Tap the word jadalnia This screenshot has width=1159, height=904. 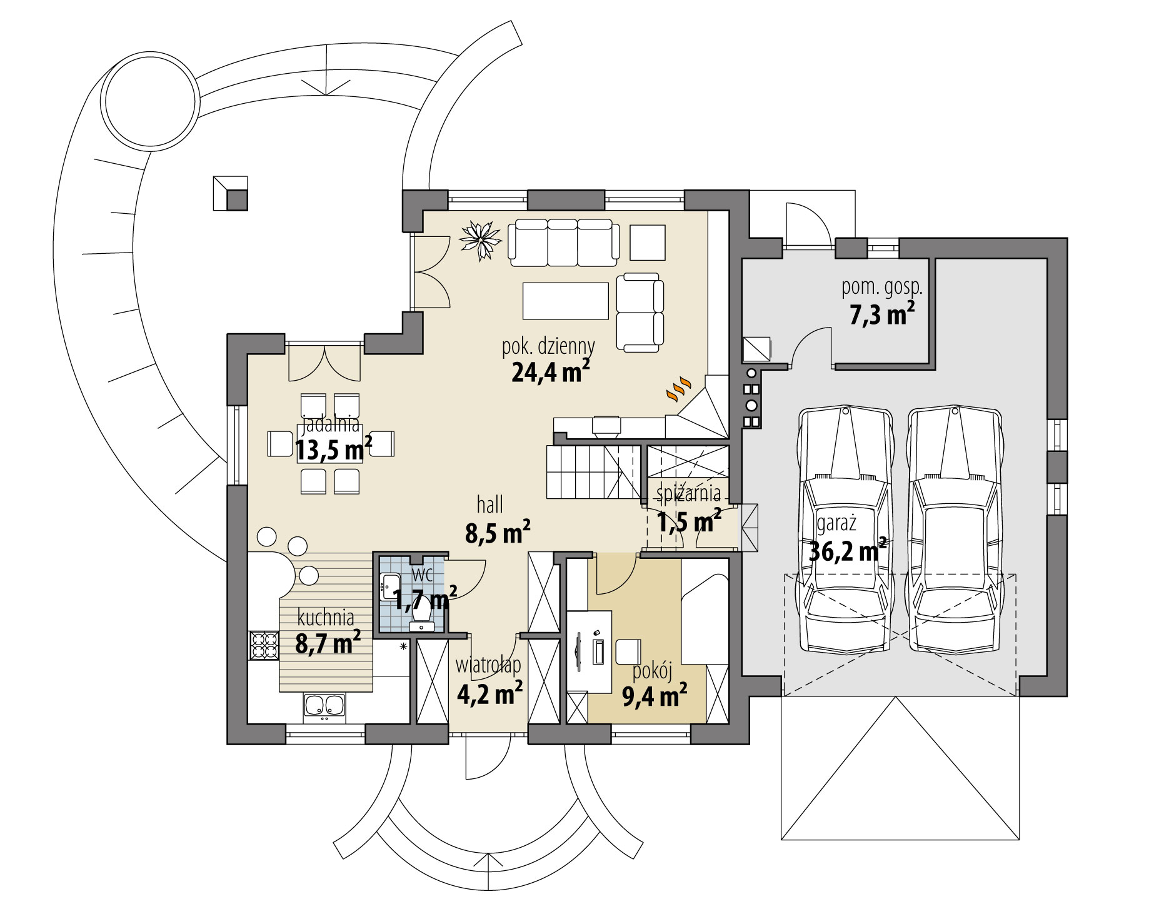(331, 425)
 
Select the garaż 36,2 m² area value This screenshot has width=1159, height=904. (847, 551)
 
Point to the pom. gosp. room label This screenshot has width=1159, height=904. (881, 288)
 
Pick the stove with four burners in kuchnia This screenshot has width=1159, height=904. (263, 646)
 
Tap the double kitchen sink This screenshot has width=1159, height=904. (325, 706)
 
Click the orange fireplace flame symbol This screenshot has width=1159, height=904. (678, 388)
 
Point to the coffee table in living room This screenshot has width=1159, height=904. (566, 301)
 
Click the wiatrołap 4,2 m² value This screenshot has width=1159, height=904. (489, 694)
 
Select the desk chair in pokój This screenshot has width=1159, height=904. (628, 651)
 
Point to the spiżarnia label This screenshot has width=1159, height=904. (688, 494)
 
